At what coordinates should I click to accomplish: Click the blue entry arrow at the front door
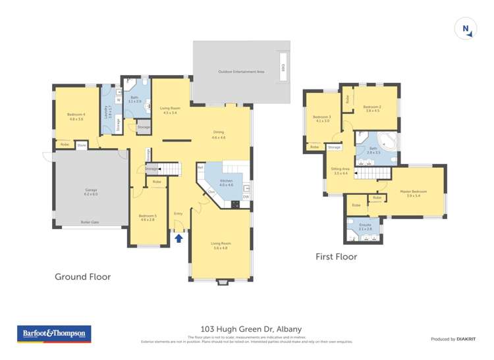178,238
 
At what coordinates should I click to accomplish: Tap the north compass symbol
466,29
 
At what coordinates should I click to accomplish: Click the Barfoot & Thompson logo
54,334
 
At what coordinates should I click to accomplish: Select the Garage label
91,192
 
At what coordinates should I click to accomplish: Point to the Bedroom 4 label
76,116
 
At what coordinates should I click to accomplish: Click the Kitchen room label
226,182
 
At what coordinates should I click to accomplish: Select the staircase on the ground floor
171,169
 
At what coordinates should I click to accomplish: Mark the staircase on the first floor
372,173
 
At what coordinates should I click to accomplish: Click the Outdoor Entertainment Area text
240,72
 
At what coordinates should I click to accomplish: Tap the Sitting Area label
341,170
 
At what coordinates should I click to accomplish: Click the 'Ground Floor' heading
82,277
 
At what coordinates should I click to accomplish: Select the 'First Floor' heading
336,257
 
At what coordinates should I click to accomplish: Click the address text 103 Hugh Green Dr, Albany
246,328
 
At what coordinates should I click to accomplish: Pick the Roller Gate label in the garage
90,222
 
